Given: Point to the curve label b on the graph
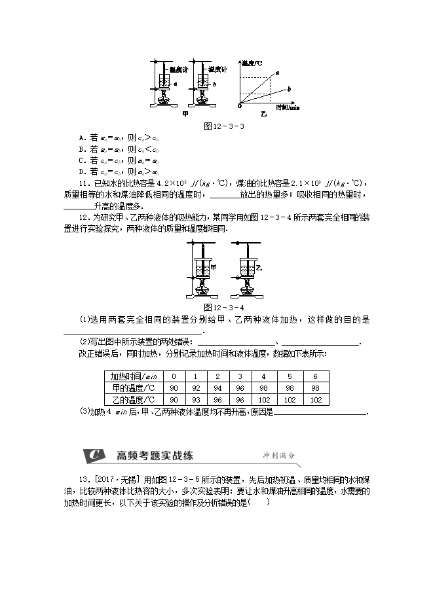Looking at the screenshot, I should click(289, 88).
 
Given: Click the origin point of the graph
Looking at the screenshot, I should click(240, 104).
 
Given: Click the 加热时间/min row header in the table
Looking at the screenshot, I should click(134, 376).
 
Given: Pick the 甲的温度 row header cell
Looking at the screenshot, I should click(134, 388).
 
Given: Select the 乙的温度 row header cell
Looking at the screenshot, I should click(134, 400).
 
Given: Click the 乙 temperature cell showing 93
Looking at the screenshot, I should click(195, 400).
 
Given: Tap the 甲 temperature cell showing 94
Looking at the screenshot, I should click(217, 388).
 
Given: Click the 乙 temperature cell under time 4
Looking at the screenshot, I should click(263, 400).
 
